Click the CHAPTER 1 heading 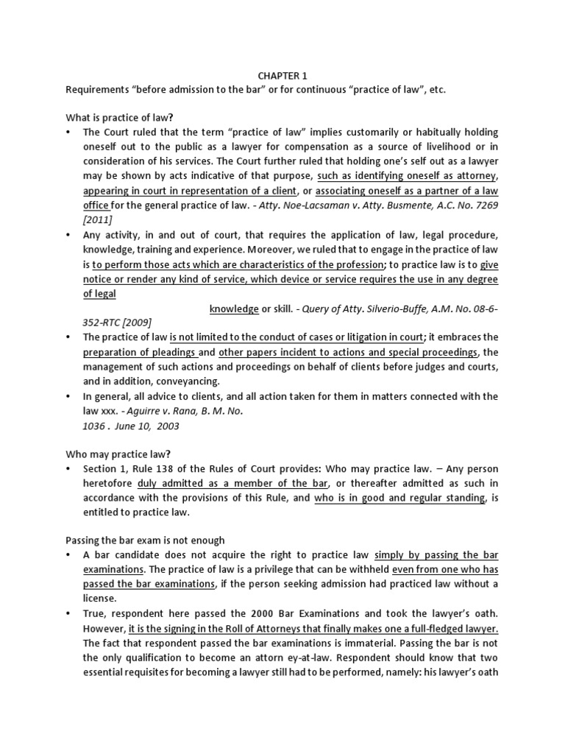(282, 75)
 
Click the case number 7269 (486, 205)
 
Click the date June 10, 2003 (152, 426)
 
